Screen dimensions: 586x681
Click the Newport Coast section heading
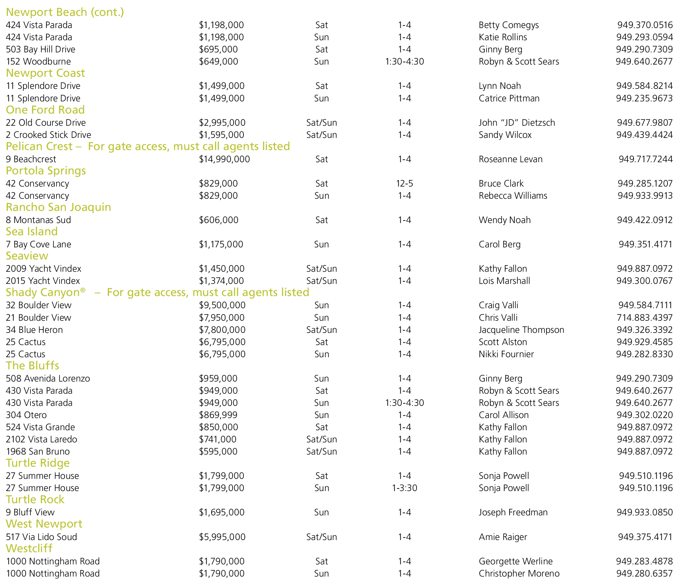tap(45, 73)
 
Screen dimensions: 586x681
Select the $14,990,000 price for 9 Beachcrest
tap(224, 159)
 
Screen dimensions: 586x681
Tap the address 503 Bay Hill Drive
tap(41, 49)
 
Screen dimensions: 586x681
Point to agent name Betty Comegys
tap(509, 25)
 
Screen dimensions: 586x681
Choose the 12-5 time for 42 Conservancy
tap(404, 184)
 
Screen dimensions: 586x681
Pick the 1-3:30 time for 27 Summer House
tap(404, 488)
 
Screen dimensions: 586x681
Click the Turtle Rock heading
tap(35, 499)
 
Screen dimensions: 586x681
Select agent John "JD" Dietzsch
tap(517, 123)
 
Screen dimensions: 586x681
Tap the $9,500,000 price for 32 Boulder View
tap(222, 305)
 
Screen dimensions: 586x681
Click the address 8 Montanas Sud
tap(38, 220)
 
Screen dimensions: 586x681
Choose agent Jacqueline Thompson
tap(521, 330)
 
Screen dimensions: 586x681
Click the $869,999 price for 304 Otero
tap(218, 415)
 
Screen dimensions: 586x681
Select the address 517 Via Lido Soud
tap(41, 537)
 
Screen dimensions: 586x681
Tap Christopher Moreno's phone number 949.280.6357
tap(644, 573)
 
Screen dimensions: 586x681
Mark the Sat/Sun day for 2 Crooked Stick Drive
tap(321, 135)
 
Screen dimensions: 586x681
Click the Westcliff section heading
tap(29, 548)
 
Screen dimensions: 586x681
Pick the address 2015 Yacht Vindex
tap(43, 281)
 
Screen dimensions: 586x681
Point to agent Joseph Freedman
tap(513, 512)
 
